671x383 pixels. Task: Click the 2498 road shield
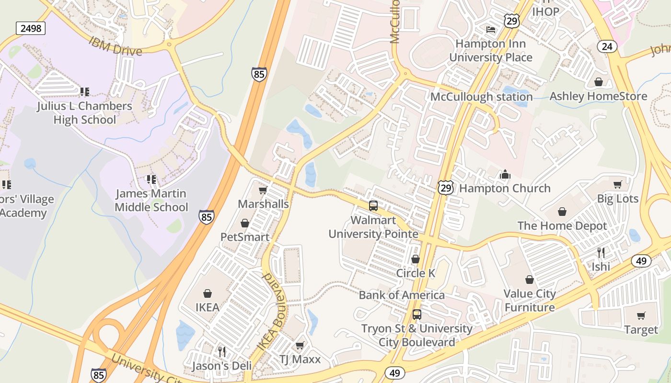[x=31, y=28]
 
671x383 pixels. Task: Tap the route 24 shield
[x=607, y=46]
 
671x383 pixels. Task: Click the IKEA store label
[x=207, y=307]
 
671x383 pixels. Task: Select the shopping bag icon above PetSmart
[x=245, y=223]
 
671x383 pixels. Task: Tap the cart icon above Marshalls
[x=263, y=191]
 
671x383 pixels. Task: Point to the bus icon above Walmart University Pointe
[x=373, y=206]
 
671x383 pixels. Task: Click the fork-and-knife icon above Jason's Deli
[x=221, y=352]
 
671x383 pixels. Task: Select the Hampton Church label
[x=505, y=188]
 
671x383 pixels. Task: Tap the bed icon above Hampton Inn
[x=490, y=30]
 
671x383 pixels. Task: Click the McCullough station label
[x=481, y=97]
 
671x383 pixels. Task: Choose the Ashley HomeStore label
[x=598, y=96]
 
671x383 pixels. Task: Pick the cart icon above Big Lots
[x=618, y=184]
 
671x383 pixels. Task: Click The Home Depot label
[x=562, y=225]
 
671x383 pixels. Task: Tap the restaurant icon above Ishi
[x=601, y=252]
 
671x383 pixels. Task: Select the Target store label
[x=641, y=329]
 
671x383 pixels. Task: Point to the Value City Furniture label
[x=530, y=300]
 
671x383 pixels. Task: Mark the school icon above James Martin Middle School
[x=151, y=180]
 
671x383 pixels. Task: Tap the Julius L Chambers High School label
[x=84, y=113]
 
